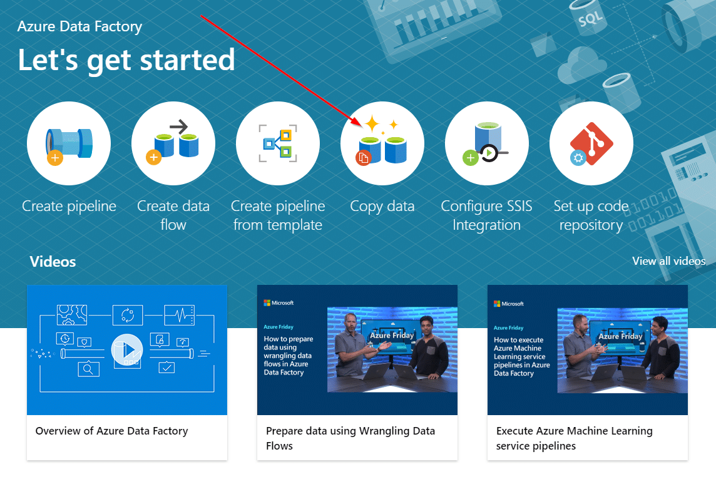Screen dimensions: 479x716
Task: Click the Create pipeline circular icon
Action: click(69, 143)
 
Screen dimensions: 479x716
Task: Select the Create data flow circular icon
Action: click(173, 143)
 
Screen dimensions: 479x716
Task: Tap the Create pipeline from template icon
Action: click(278, 143)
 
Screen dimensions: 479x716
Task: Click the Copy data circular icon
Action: click(382, 143)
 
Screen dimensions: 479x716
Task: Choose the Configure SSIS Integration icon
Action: click(487, 143)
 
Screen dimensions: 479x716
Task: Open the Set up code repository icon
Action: click(591, 143)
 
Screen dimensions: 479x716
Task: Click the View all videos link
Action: click(668, 261)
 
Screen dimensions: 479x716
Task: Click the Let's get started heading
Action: click(126, 60)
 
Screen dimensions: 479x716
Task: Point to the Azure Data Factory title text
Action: click(79, 27)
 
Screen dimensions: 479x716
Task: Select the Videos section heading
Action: click(53, 262)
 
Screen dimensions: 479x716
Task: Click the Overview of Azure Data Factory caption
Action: click(111, 431)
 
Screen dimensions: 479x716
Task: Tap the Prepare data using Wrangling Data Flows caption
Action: click(350, 438)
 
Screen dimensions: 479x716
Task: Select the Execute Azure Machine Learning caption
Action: click(574, 438)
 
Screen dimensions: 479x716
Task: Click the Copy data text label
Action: click(382, 206)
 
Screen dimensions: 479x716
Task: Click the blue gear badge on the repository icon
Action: click(578, 158)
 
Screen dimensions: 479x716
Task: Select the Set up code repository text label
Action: click(591, 215)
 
